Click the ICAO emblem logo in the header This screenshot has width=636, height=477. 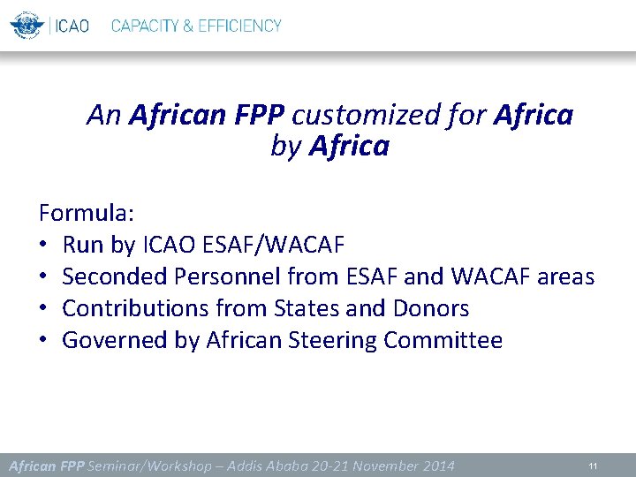coord(26,26)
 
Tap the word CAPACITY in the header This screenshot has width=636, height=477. coord(145,26)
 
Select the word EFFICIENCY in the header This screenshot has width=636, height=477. coord(239,26)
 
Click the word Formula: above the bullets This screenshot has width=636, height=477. coord(86,213)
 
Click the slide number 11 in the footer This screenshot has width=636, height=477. coord(594,465)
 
